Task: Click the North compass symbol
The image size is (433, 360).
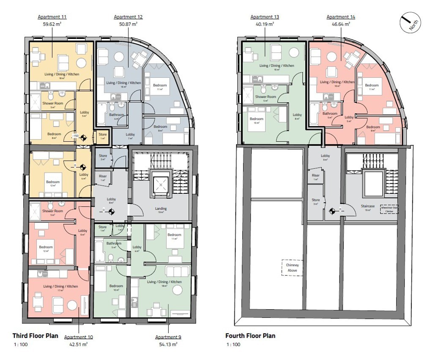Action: tap(409, 22)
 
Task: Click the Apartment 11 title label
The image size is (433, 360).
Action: tap(52, 17)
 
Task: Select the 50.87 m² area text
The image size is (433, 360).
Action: tap(128, 25)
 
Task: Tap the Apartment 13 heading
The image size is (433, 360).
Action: tap(265, 17)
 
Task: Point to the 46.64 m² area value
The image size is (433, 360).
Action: tap(341, 25)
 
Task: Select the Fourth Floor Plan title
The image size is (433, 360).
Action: tap(250, 336)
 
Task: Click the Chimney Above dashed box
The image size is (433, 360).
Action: tap(292, 268)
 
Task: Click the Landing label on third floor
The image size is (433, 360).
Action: tap(161, 208)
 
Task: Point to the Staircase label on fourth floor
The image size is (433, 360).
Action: tap(367, 206)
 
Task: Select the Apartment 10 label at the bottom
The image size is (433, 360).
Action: tap(79, 337)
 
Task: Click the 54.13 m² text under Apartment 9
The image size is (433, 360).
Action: tap(168, 344)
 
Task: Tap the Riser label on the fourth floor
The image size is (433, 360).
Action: tap(315, 176)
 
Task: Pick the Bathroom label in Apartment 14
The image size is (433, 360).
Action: tap(330, 113)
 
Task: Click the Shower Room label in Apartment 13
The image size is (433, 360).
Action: tap(265, 96)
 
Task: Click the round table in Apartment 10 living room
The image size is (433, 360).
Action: tap(72, 306)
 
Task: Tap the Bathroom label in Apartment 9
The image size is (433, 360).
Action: tap(114, 243)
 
